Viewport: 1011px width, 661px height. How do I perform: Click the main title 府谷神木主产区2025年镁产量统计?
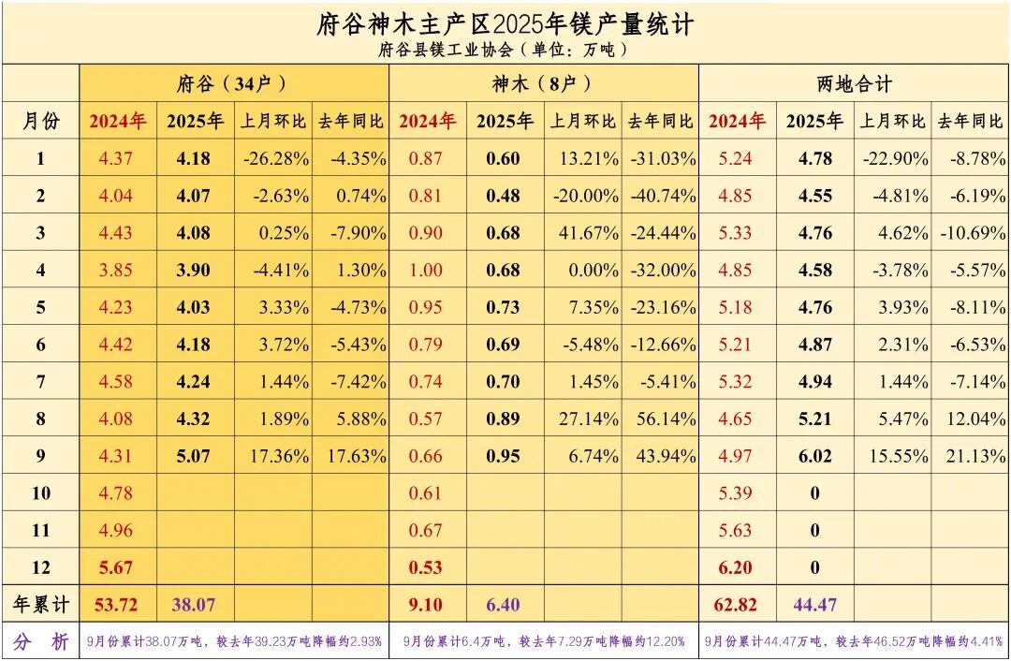tap(505, 23)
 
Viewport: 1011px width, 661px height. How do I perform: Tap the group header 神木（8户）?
tap(543, 84)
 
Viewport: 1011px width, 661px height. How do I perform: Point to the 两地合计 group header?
tap(854, 84)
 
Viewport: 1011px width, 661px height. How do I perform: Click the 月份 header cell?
tap(40, 121)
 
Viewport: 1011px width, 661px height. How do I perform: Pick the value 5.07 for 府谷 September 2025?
tap(195, 456)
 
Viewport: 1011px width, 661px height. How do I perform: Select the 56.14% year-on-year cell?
tap(663, 419)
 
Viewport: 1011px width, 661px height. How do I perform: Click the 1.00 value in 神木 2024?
tap(427, 271)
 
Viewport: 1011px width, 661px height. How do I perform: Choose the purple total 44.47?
tap(814, 605)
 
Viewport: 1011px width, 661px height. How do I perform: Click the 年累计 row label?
tap(40, 605)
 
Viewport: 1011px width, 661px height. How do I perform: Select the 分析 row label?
tap(40, 642)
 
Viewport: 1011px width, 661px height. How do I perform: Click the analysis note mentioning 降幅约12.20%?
tap(544, 642)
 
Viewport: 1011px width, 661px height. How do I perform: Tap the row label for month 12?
tap(40, 567)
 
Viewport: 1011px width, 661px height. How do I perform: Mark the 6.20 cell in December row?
tap(736, 567)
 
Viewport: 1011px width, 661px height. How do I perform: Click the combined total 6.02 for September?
tap(814, 456)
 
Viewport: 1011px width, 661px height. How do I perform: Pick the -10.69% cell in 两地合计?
tap(970, 233)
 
